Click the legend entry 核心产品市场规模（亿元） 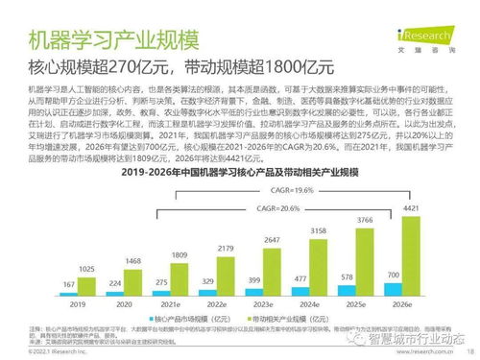pyautogui.click(x=184, y=317)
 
